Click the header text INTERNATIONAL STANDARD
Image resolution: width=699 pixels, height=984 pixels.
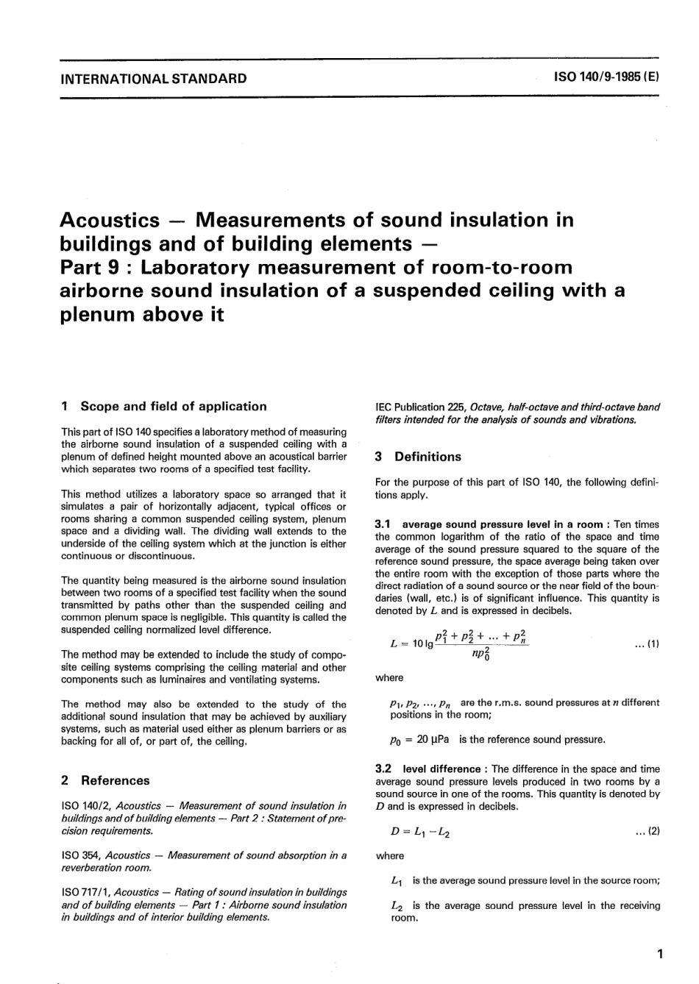(x=154, y=78)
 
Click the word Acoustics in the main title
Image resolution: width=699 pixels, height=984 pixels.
(x=109, y=220)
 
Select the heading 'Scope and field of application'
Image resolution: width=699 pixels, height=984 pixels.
(x=173, y=406)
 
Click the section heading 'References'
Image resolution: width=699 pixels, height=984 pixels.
(x=115, y=780)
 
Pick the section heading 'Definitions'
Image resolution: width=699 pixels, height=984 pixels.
(x=427, y=457)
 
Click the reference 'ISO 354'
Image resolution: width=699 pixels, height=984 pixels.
(x=81, y=855)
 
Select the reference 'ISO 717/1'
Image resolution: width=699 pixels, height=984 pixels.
(x=86, y=893)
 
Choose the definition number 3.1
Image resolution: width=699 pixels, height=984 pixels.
(x=383, y=524)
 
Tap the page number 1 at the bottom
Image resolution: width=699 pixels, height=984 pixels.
(x=659, y=955)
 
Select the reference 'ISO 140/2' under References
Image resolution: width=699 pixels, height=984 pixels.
(x=86, y=806)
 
